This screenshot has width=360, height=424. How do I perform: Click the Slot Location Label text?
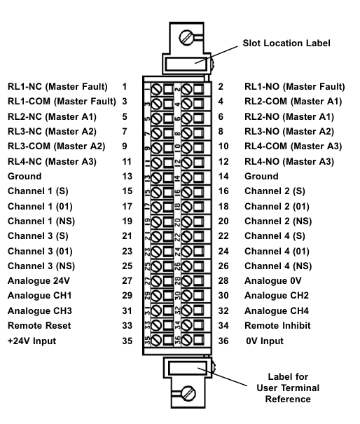pyautogui.click(x=286, y=43)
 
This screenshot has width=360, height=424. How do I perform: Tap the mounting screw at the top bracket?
pyautogui.click(x=186, y=37)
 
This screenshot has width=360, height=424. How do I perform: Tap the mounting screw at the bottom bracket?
pyautogui.click(x=188, y=393)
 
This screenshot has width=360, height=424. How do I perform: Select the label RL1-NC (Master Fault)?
pyautogui.click(x=57, y=87)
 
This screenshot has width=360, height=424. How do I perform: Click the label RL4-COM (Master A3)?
pyautogui.click(x=293, y=146)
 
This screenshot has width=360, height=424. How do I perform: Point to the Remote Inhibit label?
pyautogui.click(x=277, y=326)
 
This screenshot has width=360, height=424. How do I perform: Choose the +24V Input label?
pyautogui.click(x=32, y=341)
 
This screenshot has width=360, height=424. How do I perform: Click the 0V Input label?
pyautogui.click(x=265, y=341)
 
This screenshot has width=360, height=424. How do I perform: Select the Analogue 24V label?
pyautogui.click(x=39, y=281)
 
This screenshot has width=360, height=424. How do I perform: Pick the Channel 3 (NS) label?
pyautogui.click(x=41, y=266)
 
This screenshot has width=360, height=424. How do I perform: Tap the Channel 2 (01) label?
pyautogui.click(x=277, y=207)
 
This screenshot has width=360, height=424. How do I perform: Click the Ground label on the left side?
pyautogui.click(x=25, y=177)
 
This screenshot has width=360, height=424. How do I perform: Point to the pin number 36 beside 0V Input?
pyautogui.click(x=223, y=341)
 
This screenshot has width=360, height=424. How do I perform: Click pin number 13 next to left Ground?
pyautogui.click(x=127, y=177)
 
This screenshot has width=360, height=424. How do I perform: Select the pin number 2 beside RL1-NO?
pyautogui.click(x=221, y=87)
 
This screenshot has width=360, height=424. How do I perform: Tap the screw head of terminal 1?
pyautogui.click(x=156, y=89)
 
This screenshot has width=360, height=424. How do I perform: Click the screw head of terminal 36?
pyautogui.click(x=187, y=340)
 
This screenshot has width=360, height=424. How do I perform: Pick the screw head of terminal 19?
pyautogui.click(x=156, y=222)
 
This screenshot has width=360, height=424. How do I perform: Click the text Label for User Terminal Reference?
pyautogui.click(x=288, y=388)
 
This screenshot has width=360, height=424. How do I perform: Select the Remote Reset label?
pyautogui.click(x=39, y=326)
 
